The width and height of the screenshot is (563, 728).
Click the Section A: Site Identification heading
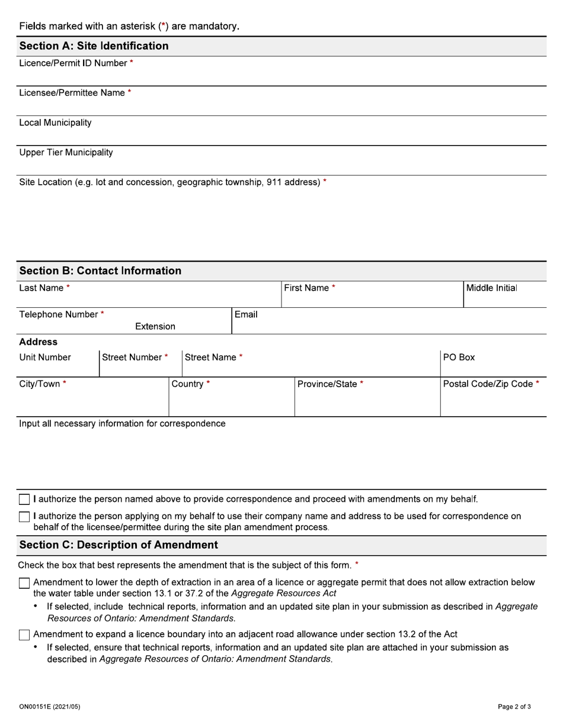(94, 46)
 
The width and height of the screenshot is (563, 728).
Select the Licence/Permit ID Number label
(73, 63)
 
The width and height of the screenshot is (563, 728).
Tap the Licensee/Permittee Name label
(72, 93)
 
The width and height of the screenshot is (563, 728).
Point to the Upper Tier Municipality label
(66, 153)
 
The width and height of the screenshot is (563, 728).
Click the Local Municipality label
(55, 123)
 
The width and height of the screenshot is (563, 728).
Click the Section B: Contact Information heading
(100, 271)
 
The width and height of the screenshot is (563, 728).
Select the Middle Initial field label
(491, 288)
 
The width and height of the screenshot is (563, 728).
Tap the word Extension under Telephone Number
(155, 327)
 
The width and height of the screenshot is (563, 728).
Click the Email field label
(246, 315)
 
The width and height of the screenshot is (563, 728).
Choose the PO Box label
(459, 357)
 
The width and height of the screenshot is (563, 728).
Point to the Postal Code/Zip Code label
(488, 384)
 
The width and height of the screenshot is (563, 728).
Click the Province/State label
(328, 384)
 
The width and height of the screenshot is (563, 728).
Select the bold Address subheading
(39, 342)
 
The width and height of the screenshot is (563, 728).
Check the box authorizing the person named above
(24, 500)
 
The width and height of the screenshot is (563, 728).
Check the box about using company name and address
(24, 517)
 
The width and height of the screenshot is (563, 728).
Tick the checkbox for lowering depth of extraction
(24, 583)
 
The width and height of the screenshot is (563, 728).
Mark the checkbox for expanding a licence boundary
(24, 635)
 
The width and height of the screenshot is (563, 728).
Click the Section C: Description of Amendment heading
(119, 545)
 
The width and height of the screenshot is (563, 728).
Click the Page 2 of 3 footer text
(514, 707)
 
